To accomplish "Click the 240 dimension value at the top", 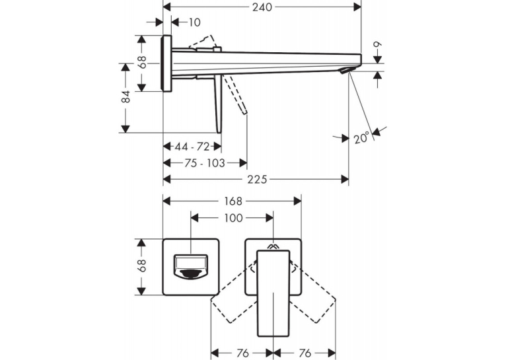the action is pyautogui.click(x=262, y=7).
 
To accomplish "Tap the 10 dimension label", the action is pyautogui.click(x=194, y=22).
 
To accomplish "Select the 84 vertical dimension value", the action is pyautogui.click(x=126, y=97).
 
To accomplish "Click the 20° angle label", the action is pyautogui.click(x=361, y=138).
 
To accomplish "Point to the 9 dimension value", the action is pyautogui.click(x=378, y=44).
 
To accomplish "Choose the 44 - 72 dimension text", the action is pyautogui.click(x=192, y=147).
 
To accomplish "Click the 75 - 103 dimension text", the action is pyautogui.click(x=205, y=163).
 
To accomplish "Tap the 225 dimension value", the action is pyautogui.click(x=257, y=180).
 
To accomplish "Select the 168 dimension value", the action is pyautogui.click(x=233, y=201).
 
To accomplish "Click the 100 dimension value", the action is pyautogui.click(x=233, y=218).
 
